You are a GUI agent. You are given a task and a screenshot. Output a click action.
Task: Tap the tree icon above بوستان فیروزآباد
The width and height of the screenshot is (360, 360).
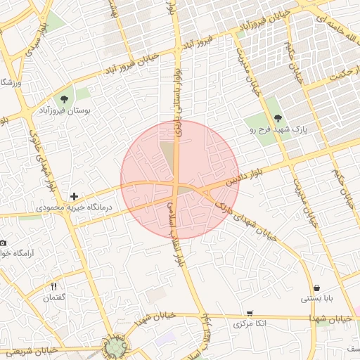(65, 98)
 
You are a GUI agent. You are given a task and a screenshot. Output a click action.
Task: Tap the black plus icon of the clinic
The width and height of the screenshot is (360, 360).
(74, 196)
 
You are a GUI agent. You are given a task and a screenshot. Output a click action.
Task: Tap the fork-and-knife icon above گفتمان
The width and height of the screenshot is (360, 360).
(54, 286)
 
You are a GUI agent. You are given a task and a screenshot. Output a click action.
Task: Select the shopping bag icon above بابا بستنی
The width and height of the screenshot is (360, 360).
(317, 288)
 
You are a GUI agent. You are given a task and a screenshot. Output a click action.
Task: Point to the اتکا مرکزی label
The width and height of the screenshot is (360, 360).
(250, 326)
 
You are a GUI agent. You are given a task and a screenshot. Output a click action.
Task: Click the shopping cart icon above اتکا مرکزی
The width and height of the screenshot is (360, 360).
(250, 314)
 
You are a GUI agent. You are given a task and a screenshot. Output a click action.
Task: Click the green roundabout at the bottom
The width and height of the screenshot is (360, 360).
(115, 347)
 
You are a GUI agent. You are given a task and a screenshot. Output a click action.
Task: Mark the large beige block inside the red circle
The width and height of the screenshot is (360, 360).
(168, 157)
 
